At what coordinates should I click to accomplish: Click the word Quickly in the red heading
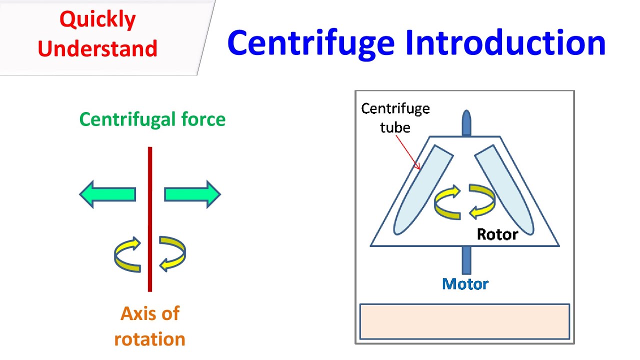tap(97, 20)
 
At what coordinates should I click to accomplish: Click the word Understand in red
tap(97, 49)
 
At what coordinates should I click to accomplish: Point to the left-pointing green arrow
tap(107, 194)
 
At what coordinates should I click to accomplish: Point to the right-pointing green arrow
tap(192, 194)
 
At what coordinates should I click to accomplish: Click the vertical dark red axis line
tap(150, 220)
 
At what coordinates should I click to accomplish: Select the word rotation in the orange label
tap(149, 339)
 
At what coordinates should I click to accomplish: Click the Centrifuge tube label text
tap(395, 117)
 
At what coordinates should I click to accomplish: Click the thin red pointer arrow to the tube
tap(408, 152)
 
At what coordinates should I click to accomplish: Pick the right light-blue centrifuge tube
tap(505, 190)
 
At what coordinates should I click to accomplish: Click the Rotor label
tap(497, 234)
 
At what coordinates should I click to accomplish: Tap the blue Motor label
tap(465, 284)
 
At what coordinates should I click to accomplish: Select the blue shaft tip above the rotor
tap(466, 122)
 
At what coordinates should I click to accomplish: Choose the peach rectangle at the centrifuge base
tap(464, 321)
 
